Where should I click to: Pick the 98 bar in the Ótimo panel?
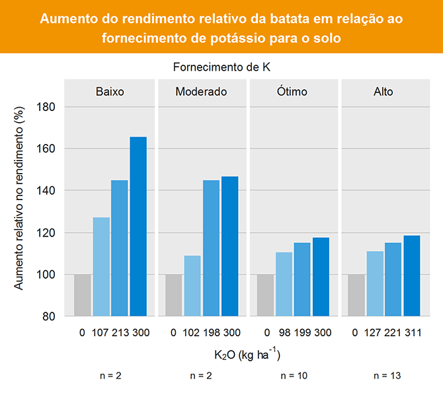click(284, 284)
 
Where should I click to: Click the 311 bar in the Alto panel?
click(412, 275)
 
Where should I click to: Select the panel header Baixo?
click(110, 92)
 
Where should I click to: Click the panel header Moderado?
click(201, 92)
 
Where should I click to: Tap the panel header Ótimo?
click(292, 92)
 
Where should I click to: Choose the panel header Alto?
click(383, 92)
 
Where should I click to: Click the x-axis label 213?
click(120, 333)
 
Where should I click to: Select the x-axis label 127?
click(375, 333)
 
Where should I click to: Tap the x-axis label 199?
click(302, 333)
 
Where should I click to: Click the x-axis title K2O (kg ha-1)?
click(247, 355)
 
